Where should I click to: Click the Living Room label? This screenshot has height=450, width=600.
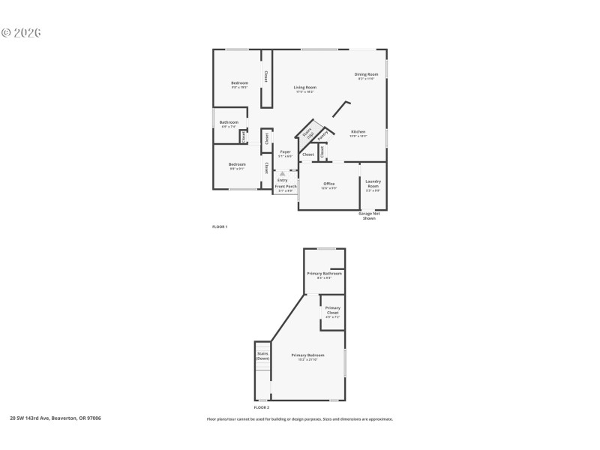point(304,88)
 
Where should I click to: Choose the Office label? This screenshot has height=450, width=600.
point(328,184)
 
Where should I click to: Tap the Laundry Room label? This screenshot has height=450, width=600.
point(373,184)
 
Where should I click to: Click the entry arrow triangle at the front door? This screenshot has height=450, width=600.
point(282,173)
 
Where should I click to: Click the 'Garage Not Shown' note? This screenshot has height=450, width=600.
point(369,216)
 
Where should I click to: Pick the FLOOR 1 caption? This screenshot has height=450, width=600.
point(220,226)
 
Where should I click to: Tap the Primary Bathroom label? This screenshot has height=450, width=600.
point(324,274)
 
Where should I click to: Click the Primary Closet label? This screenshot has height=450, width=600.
point(332,310)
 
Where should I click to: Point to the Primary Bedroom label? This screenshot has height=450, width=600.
point(307,355)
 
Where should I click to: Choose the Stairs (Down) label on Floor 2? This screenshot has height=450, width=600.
point(262,355)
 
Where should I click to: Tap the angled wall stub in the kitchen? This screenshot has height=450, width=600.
point(340,109)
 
